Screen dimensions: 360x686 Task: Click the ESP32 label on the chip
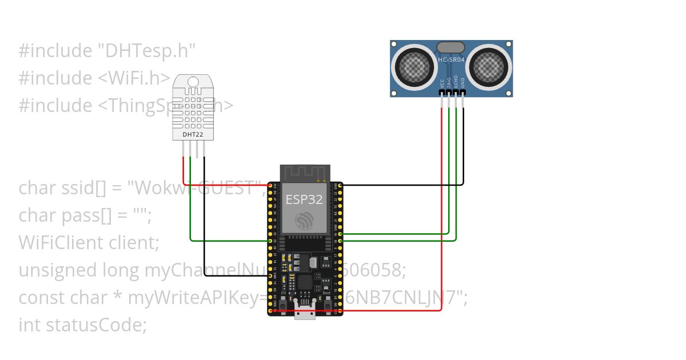coord(305,199)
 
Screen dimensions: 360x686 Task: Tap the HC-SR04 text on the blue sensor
coord(451,59)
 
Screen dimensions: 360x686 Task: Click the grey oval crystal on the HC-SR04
coord(451,47)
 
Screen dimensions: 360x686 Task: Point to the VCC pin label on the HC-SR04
coord(442,84)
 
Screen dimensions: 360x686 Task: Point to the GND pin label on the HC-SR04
coord(463,84)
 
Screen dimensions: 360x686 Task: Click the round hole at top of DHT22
coord(194,82)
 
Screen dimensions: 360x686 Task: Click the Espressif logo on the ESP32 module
coord(304,221)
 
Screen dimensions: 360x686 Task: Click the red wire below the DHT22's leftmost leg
coord(184,169)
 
